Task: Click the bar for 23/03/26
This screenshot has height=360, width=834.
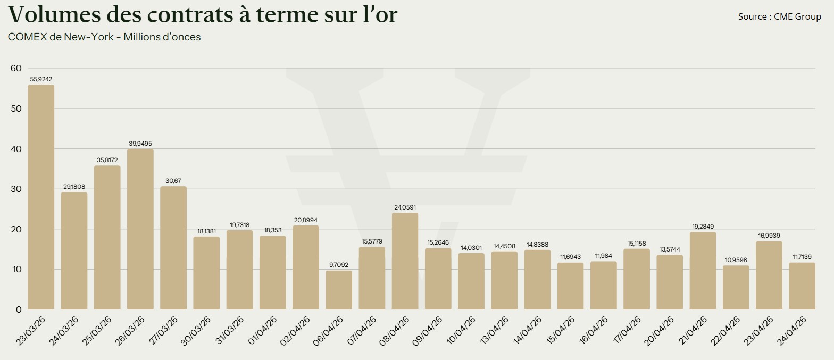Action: [x=41, y=197]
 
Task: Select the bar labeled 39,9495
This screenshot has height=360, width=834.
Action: [x=140, y=229]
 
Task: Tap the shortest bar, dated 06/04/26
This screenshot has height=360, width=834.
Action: [x=339, y=290]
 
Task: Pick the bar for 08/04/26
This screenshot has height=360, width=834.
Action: [x=405, y=261]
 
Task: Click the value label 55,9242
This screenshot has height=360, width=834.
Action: [x=41, y=79]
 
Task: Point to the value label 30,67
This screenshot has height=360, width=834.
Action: [x=173, y=181]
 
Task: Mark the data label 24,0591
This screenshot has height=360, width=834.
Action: [x=405, y=207]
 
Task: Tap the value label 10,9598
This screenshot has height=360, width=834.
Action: [x=736, y=260]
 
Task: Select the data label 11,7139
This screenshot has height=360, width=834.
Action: [x=802, y=257]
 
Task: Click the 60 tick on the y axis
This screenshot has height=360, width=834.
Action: [x=16, y=68]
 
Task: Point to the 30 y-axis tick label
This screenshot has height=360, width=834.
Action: [x=16, y=189]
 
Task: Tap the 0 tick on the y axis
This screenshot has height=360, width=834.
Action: [x=19, y=309]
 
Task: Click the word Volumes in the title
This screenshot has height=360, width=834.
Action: [x=48, y=14]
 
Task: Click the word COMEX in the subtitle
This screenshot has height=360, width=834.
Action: [x=27, y=37]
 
